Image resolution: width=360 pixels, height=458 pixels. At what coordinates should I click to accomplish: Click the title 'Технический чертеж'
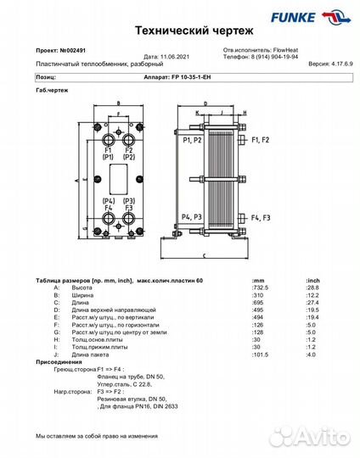pyautogui.click(x=180, y=30)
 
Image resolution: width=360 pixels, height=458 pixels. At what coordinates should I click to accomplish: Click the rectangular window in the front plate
pyautogui.click(x=118, y=178)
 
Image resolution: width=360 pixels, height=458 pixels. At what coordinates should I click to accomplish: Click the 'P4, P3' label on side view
pyautogui.click(x=191, y=218)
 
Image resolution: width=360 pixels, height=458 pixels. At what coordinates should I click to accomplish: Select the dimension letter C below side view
pyautogui.click(x=206, y=254)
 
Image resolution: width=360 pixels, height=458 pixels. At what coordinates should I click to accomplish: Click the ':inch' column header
pyautogui.click(x=313, y=280)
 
